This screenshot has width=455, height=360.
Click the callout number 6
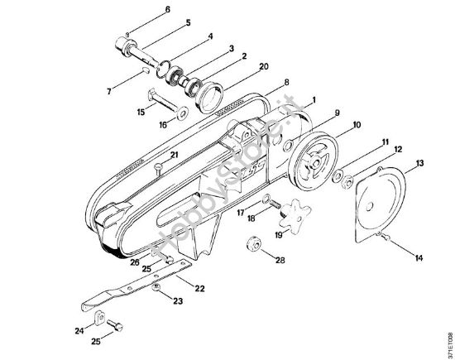click(167, 9)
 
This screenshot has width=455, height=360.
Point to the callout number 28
click(280, 261)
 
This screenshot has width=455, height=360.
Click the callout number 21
click(174, 155)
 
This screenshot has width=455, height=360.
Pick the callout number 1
click(314, 99)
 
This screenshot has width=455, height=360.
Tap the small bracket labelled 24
click(98, 320)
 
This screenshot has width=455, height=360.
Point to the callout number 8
click(286, 83)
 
